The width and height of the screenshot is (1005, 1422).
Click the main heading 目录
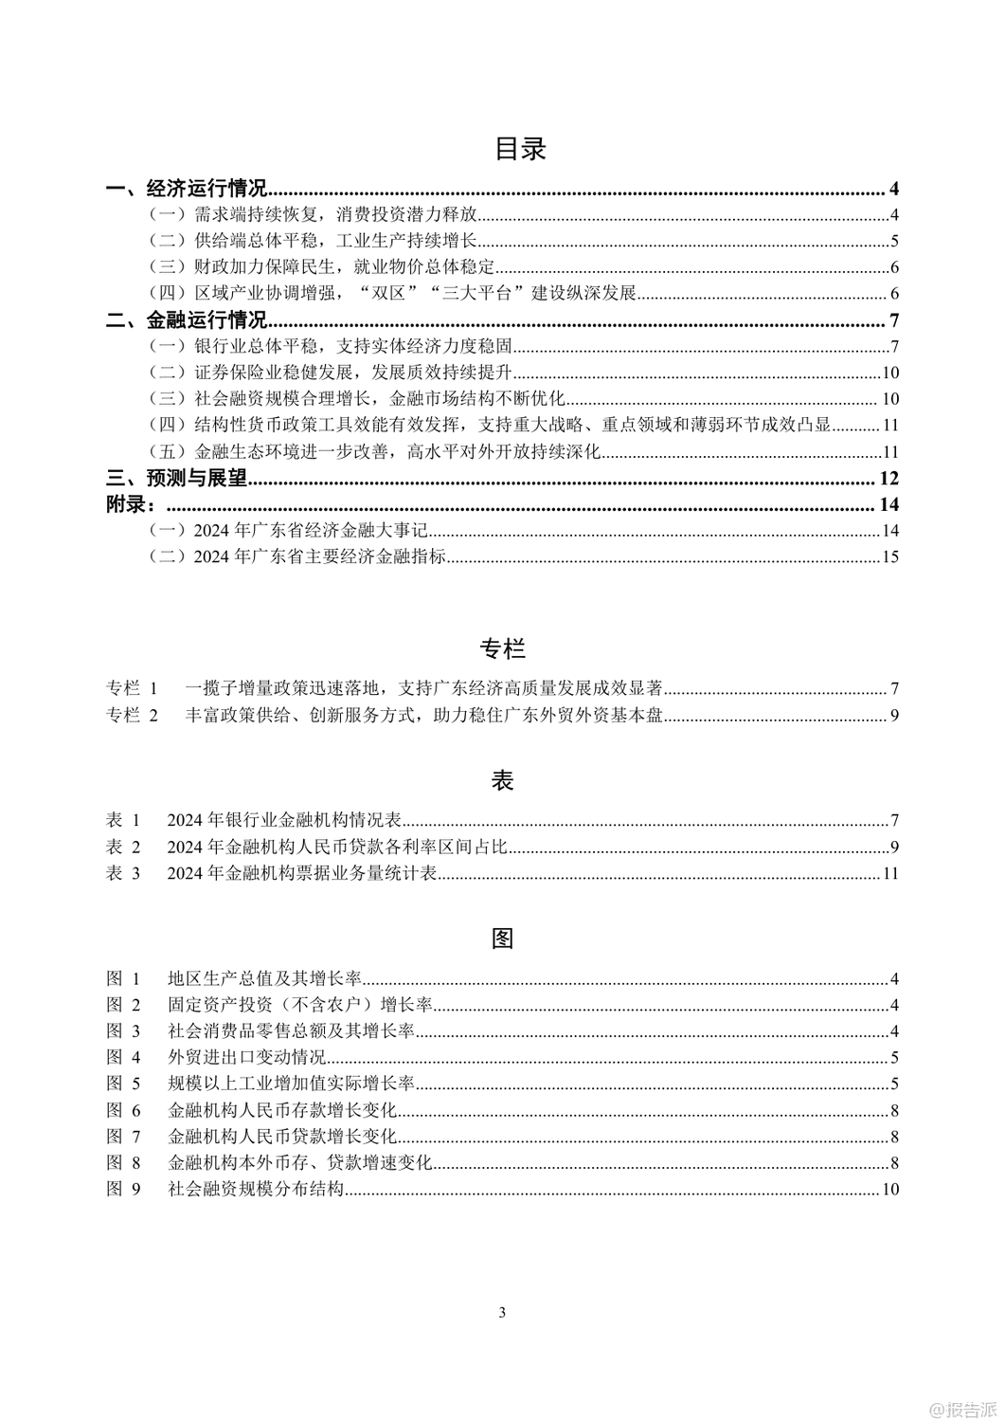(520, 149)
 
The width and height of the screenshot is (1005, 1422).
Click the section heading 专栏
(502, 649)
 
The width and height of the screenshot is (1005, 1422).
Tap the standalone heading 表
(502, 780)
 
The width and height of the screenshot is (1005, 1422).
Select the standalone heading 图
(502, 939)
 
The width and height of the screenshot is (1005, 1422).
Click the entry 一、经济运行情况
(186, 188)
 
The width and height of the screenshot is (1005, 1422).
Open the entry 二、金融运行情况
(186, 319)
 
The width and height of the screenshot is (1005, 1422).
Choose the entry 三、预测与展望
(176, 478)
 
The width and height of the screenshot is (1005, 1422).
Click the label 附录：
(131, 504)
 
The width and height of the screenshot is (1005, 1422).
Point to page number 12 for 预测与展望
(888, 478)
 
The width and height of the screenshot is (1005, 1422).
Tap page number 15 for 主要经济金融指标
(889, 557)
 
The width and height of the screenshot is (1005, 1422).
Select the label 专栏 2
(133, 715)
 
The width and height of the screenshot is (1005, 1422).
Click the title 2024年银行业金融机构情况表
(284, 820)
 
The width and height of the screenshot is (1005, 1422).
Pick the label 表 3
(123, 873)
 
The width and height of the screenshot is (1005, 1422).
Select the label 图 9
(123, 1190)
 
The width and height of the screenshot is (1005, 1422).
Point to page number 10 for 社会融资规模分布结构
(889, 1190)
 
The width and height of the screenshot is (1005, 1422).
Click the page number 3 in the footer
(502, 1313)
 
